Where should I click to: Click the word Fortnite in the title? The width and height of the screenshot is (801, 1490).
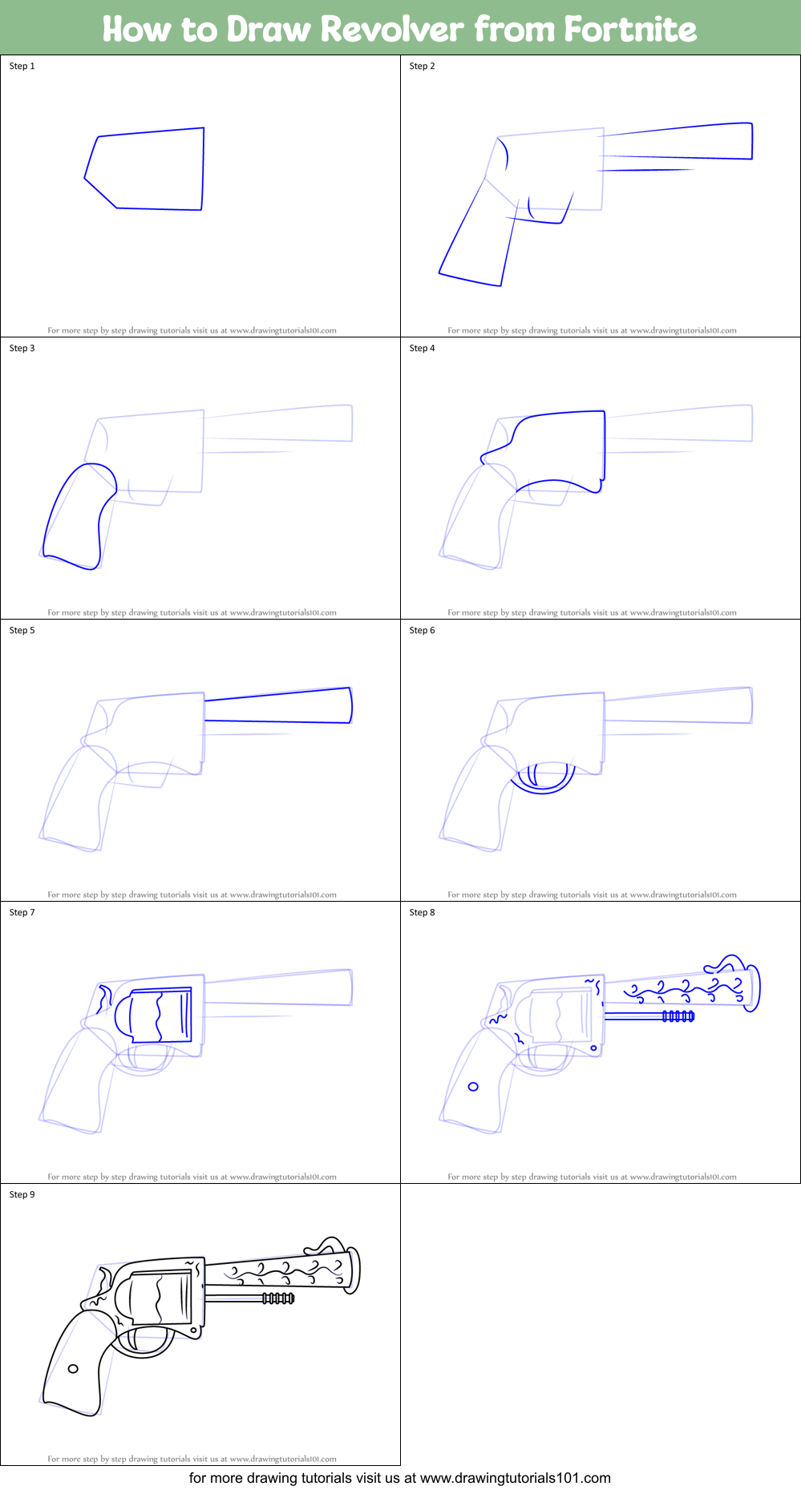629,30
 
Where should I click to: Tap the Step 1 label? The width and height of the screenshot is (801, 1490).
22,66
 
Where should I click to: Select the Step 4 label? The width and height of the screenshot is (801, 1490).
422,348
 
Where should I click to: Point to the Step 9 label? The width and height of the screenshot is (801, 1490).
22,1194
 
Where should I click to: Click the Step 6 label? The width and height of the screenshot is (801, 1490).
422,630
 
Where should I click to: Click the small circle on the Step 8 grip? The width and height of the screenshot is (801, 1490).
473,1087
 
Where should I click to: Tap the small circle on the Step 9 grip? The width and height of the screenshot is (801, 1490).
73,1369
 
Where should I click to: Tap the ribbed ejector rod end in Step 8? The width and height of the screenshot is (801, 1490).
678,1016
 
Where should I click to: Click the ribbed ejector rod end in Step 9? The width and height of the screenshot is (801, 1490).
278,1298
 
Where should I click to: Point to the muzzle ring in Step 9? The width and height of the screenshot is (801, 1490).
353,1270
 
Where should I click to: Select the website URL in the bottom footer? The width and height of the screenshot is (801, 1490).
515,1478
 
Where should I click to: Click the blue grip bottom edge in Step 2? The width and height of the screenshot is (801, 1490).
470,280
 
